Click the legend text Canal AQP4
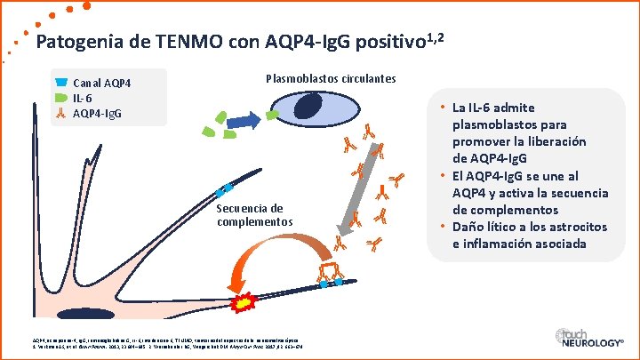pos(102,84)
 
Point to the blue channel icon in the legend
pos(60,83)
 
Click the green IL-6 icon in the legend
pos(60,98)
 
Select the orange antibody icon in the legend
pos(60,114)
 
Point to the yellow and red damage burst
pos(241,304)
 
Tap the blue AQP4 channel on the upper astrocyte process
pos(226,189)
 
